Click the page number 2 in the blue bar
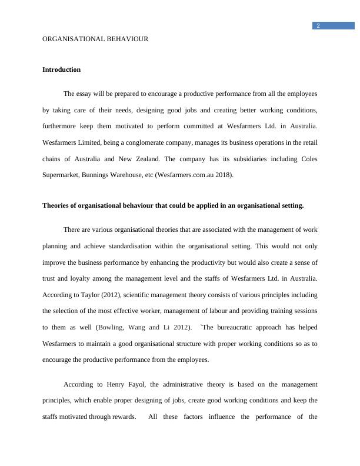click(318, 26)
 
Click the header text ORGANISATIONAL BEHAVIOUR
click(95, 39)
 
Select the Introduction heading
click(61, 69)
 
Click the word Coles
click(309, 159)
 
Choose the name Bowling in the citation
click(109, 327)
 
